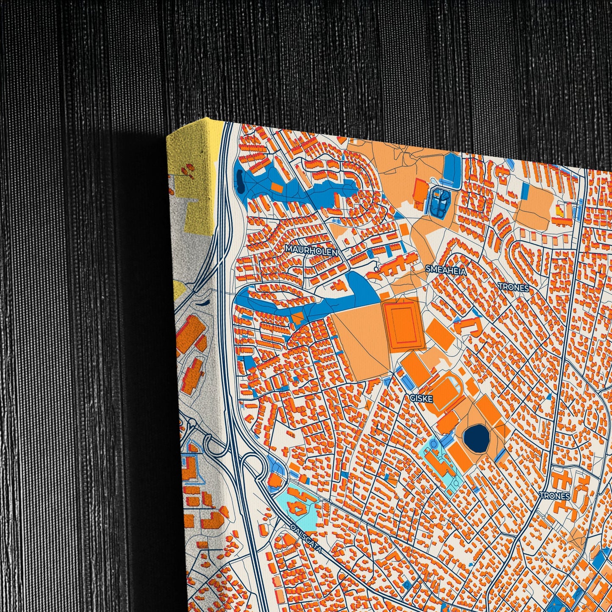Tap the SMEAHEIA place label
coord(446,270)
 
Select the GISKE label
coord(421,399)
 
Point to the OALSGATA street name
coord(306,538)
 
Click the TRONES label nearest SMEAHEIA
coord(514,288)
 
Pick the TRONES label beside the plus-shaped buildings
coord(555,496)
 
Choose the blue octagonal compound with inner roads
coord(440,201)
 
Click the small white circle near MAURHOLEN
coord(377,268)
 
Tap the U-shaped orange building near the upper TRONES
coord(470,326)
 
